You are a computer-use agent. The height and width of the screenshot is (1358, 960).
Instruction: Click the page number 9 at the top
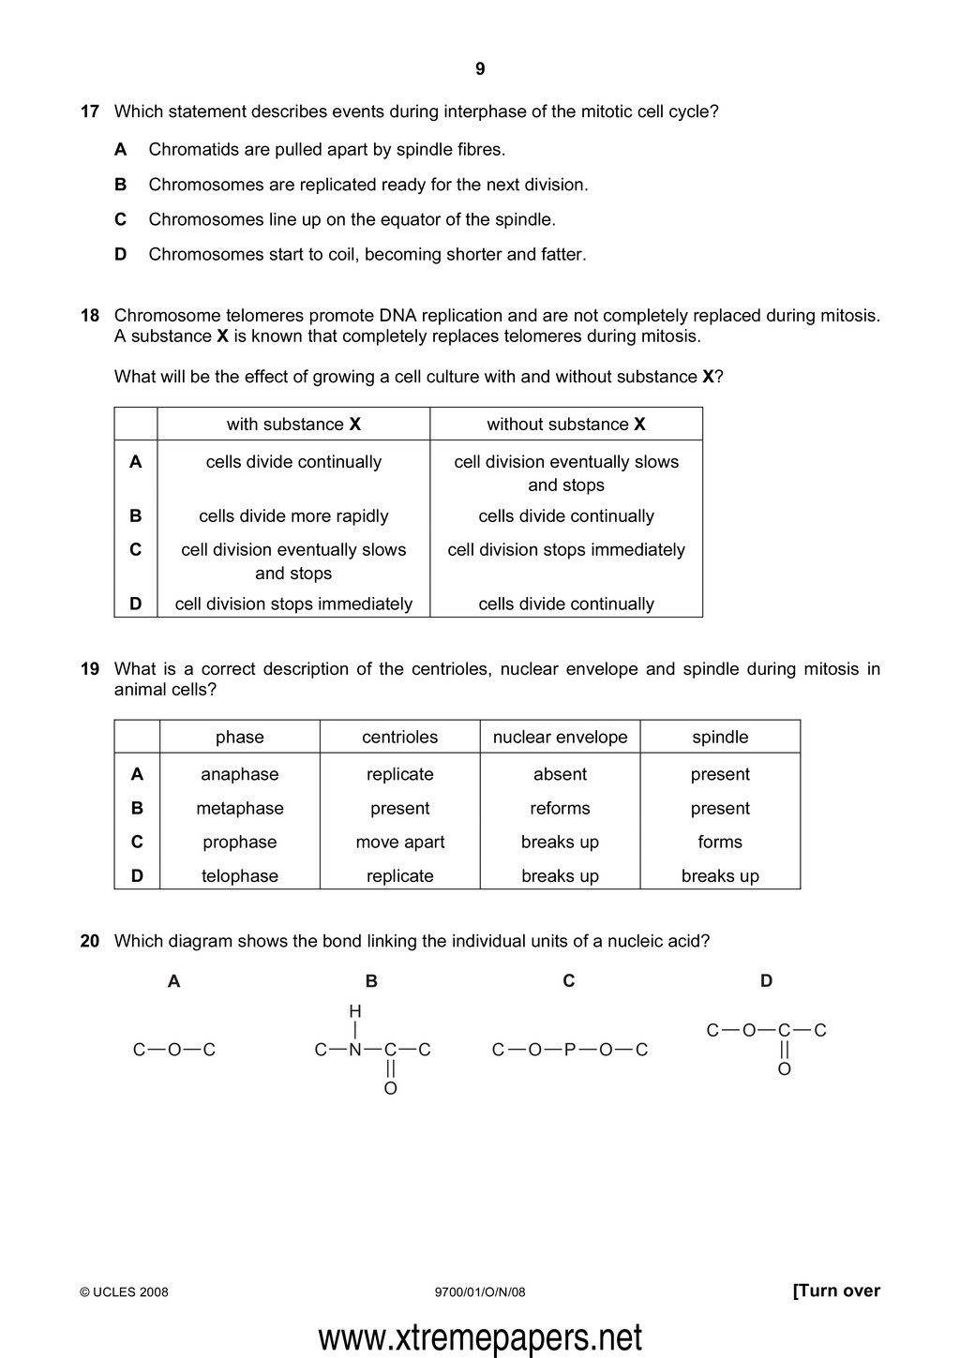480,69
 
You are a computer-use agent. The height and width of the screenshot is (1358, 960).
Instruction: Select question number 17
90,112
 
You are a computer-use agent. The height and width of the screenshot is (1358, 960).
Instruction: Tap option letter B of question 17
120,185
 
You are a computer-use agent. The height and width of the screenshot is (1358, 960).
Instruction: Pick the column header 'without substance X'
565,425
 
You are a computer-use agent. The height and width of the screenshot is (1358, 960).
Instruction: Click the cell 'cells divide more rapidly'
293,516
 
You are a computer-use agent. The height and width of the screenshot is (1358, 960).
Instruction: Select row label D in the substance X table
136,604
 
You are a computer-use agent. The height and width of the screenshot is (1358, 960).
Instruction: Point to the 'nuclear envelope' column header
560,738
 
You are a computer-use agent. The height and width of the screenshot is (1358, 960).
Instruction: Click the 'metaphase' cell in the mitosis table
240,809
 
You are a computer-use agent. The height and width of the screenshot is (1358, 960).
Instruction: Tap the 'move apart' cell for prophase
400,843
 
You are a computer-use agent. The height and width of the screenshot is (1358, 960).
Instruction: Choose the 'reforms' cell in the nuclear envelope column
560,809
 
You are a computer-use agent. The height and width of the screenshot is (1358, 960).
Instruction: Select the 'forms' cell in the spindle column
720,843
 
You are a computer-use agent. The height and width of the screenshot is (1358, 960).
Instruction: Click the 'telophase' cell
240,876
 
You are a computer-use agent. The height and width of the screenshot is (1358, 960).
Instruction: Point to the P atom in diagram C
570,1050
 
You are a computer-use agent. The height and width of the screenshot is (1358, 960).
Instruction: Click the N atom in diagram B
355,1050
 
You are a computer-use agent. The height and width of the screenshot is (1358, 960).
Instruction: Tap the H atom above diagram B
355,1011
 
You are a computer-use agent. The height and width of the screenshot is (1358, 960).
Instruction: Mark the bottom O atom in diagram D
785,1069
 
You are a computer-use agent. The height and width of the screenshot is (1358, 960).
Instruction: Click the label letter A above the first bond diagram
173,981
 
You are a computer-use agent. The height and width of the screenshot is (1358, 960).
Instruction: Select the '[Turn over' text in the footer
836,1291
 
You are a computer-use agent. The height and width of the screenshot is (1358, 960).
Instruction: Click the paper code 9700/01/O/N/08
480,1292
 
